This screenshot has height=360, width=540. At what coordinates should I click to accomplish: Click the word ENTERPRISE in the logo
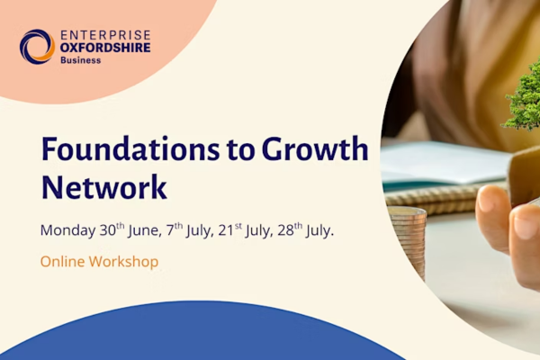tap(105, 35)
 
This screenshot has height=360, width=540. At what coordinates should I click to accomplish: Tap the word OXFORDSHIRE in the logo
tap(105, 48)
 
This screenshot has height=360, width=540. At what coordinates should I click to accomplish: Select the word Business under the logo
tap(81, 60)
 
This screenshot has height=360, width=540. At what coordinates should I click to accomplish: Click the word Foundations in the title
tap(130, 149)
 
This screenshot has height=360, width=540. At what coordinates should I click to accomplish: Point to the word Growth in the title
tap(315, 149)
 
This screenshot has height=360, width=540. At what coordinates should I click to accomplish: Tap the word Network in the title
tap(104, 187)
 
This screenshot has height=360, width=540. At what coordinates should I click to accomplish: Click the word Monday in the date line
tap(67, 230)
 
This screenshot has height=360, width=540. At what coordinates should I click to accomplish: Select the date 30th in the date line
tap(112, 229)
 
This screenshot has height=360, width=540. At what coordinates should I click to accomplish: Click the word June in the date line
tap(145, 230)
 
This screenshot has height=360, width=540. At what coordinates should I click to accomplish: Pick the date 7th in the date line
tap(175, 229)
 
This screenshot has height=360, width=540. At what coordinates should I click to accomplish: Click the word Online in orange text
tap(62, 262)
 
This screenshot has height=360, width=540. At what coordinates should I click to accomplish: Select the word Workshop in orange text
tap(123, 262)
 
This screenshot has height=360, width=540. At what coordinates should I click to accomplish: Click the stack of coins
tap(408, 241)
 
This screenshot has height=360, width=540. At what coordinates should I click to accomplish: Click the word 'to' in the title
tap(240, 151)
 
